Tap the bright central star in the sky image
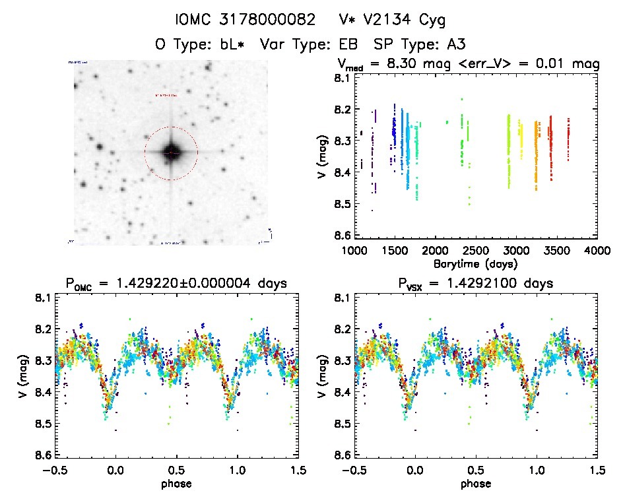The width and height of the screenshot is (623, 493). coord(171,153)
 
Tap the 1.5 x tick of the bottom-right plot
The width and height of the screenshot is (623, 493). coord(597,471)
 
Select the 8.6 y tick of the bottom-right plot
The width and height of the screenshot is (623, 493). coord(342,455)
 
